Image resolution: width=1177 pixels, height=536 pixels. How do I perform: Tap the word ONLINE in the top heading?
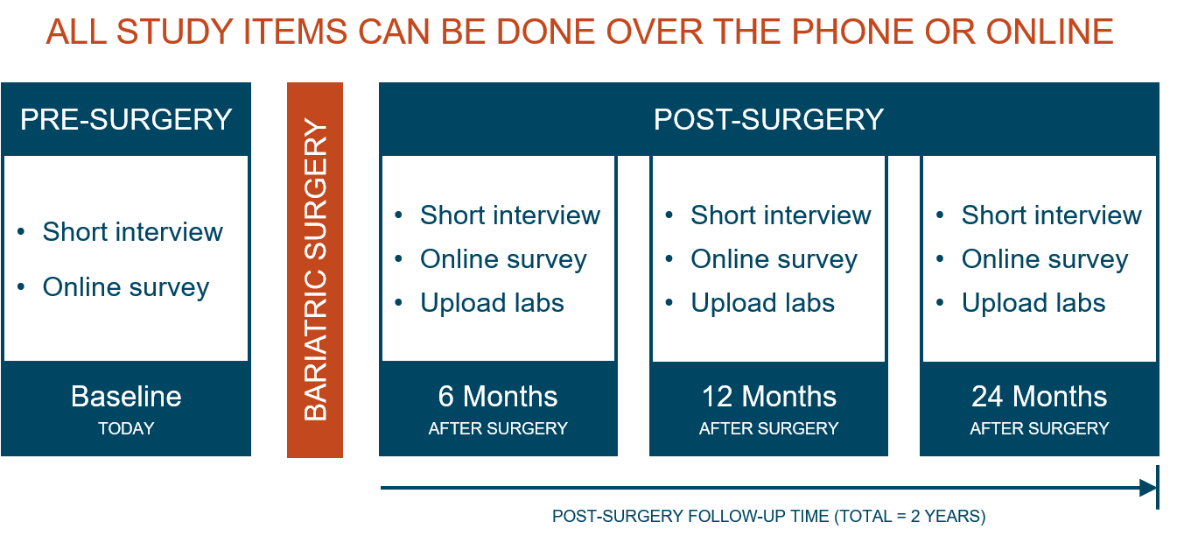[x=1050, y=32]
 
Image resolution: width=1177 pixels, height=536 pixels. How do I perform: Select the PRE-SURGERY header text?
[x=126, y=119]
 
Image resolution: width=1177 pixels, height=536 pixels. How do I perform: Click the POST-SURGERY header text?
[x=768, y=119]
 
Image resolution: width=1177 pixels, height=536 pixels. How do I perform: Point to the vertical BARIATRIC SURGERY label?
[x=315, y=270]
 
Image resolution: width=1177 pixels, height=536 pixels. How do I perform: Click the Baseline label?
[x=126, y=396]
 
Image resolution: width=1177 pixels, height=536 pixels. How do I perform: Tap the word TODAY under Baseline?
[x=126, y=428]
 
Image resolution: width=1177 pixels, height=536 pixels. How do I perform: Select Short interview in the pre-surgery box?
[x=133, y=232]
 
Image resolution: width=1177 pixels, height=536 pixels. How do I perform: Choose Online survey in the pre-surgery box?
[x=126, y=288]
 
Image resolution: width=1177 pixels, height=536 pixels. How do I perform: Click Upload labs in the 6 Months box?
[x=493, y=303]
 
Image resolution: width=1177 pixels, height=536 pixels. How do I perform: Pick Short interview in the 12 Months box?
[x=781, y=215]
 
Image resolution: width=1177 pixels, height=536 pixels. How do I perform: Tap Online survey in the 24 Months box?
[x=1045, y=259]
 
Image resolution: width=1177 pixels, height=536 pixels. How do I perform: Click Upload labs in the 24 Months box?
[x=1034, y=303]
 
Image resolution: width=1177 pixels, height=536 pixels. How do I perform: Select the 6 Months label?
[x=498, y=396]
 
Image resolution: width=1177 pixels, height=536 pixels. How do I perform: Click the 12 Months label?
[x=769, y=396]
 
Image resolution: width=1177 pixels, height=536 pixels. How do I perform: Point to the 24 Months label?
[x=1040, y=396]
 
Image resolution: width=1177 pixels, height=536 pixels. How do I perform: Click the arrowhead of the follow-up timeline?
[x=1147, y=488]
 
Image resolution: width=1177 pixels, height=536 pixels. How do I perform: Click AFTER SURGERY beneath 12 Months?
[x=768, y=428]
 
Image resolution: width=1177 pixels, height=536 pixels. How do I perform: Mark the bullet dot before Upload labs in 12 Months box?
[x=669, y=302]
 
